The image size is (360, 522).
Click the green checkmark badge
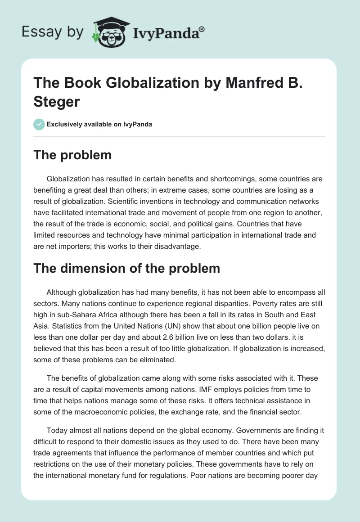point(39,124)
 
